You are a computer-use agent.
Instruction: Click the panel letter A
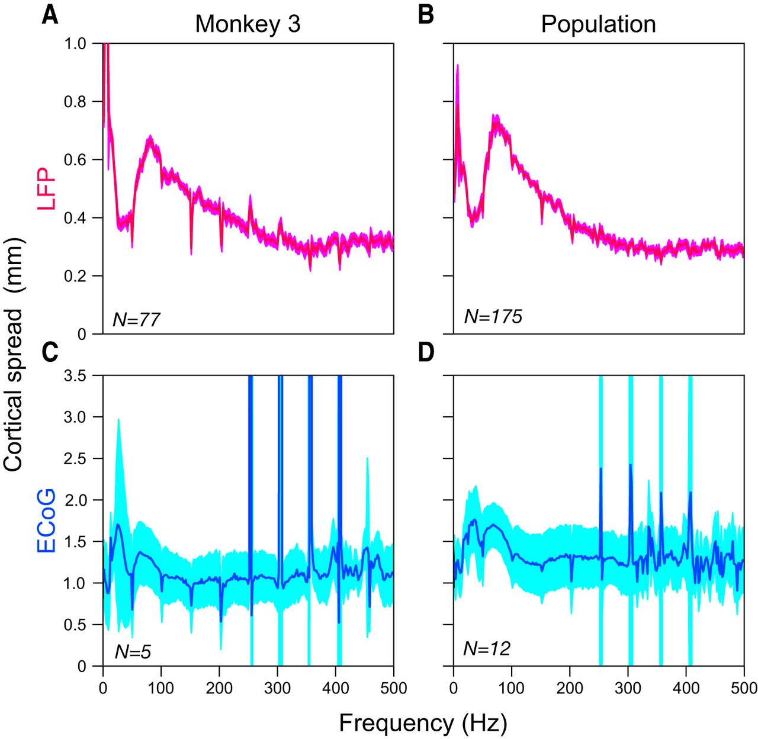point(50,15)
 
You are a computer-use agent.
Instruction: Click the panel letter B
point(426,15)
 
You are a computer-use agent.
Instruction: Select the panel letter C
point(50,352)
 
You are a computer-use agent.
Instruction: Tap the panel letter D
point(426,352)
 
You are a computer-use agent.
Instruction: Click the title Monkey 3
point(248,24)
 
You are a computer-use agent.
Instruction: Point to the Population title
point(598,24)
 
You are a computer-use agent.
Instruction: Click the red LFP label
point(46,188)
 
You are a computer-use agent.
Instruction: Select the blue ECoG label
point(46,520)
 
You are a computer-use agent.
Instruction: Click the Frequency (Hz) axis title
point(423,723)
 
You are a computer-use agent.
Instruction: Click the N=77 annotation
point(136,320)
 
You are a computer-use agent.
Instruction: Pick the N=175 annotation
point(493,317)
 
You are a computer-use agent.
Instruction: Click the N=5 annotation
point(133,652)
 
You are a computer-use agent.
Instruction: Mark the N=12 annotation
point(486,649)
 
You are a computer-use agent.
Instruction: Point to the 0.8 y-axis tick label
point(75,102)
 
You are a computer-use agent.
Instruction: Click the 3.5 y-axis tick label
point(75,375)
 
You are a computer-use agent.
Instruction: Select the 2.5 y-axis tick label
point(75,459)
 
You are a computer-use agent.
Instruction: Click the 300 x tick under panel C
point(278,688)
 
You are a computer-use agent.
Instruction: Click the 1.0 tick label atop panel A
point(75,44)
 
